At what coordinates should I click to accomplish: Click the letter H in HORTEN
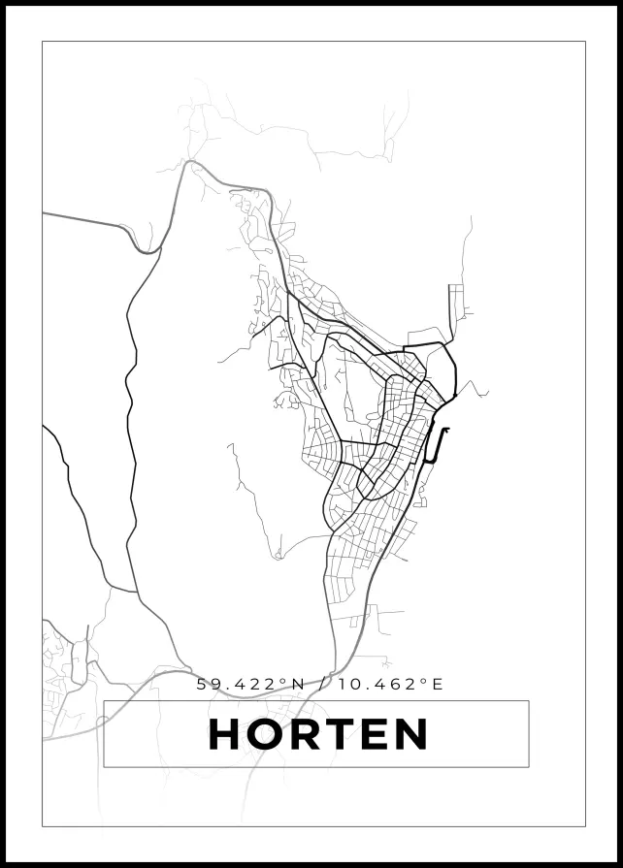pos(225,735)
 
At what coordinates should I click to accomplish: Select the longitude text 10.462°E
pos(391,684)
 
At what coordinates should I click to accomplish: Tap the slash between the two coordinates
pos(323,684)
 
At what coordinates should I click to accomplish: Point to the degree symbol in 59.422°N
pos(284,680)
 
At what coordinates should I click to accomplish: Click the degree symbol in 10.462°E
pos(425,680)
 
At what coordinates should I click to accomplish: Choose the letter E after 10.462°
pos(438,684)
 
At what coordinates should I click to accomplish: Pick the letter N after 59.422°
pos(298,684)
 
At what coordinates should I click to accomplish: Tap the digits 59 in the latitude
pos(208,684)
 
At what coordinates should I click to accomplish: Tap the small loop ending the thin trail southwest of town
pos(278,556)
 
